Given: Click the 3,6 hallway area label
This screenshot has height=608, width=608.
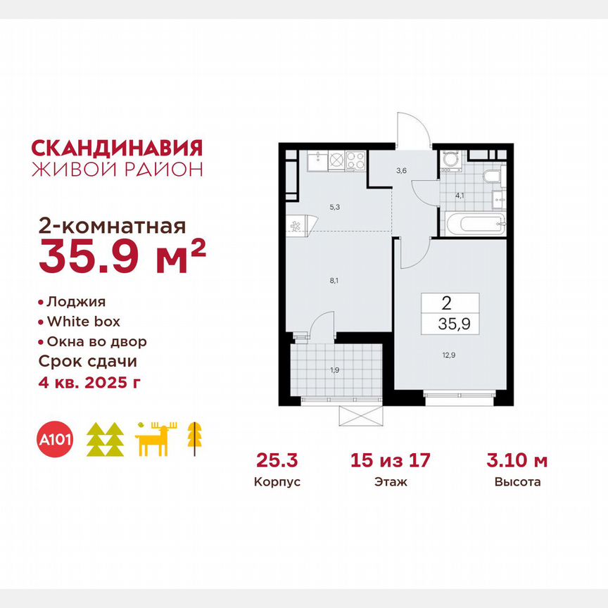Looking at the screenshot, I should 400,170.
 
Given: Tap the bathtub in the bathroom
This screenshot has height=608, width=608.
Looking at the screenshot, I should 473,224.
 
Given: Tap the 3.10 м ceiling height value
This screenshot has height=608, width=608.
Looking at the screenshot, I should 517,461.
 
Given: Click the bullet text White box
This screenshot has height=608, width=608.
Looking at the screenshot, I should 83,322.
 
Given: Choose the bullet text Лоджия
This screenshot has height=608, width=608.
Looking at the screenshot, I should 76,302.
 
